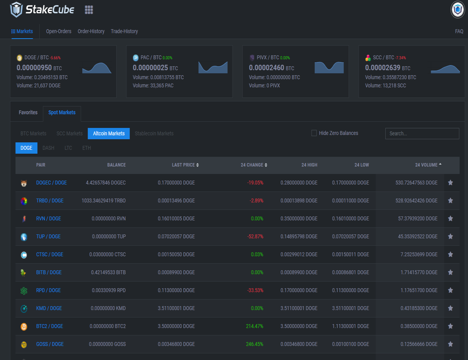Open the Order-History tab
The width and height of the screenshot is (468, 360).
pos(91,32)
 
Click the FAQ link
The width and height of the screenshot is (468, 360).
pos(459,32)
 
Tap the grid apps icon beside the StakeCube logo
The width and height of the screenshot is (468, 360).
pos(89,10)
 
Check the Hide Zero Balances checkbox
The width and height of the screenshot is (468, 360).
pos(314,133)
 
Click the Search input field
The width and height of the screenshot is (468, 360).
pos(422,133)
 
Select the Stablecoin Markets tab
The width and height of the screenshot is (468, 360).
pos(154,133)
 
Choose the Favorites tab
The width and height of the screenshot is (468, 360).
pos(28,112)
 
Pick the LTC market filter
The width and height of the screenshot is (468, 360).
pos(68,148)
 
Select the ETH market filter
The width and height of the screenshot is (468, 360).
pos(87,148)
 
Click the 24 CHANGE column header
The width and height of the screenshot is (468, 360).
pos(254,165)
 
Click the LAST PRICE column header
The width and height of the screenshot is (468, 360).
pos(185,165)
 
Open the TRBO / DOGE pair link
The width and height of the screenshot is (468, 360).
pos(50,200)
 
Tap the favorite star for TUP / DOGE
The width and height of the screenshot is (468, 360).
pos(450,236)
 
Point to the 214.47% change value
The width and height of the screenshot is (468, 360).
pos(255,326)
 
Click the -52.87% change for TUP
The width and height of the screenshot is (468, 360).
pos(255,236)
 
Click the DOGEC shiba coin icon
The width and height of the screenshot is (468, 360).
pos(24,183)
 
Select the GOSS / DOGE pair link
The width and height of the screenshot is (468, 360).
pos(50,344)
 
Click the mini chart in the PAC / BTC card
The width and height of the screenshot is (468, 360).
pos(213,67)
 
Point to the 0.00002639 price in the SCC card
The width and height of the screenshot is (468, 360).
pos(383,68)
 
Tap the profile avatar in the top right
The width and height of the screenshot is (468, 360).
pos(457,10)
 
